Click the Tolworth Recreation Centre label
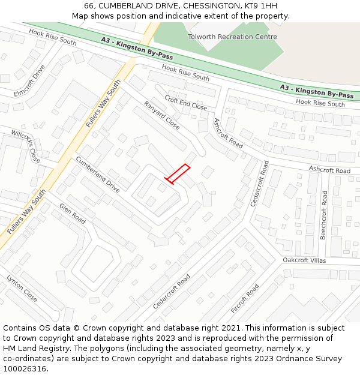click(x=232, y=37)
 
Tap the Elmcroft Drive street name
click(x=30, y=80)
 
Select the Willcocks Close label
click(x=25, y=146)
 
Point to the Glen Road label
click(x=73, y=214)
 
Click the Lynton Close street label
click(x=22, y=289)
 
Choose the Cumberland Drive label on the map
click(x=97, y=173)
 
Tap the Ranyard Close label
click(x=161, y=115)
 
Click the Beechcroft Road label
click(x=324, y=215)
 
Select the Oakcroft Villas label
click(x=304, y=260)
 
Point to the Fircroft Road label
click(x=245, y=299)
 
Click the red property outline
click(x=178, y=173)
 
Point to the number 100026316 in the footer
click(x=25, y=369)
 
